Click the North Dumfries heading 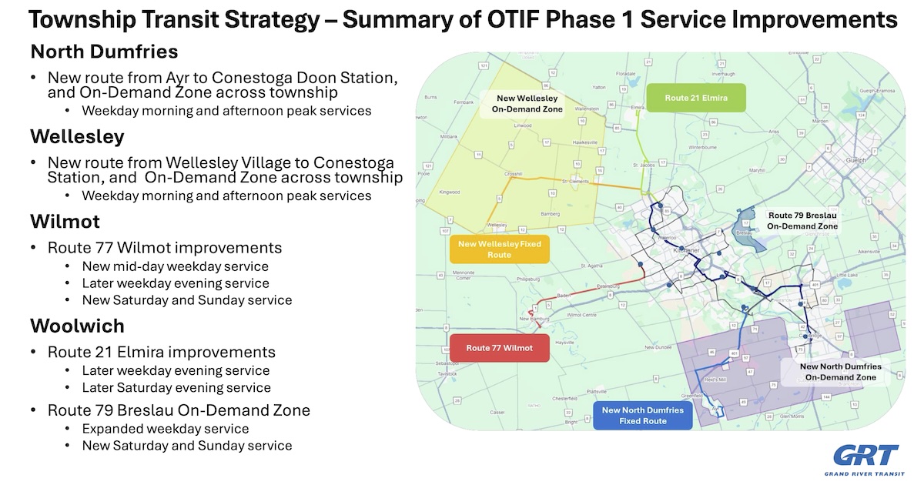point(104,52)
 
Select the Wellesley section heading point(77,136)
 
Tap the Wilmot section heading point(65,222)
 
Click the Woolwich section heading point(77,326)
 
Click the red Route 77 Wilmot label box point(499,348)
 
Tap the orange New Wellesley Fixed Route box point(499,249)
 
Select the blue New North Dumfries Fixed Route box point(642,415)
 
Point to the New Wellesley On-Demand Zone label point(529,104)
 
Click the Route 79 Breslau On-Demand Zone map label point(802,221)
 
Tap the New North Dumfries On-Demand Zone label point(840,372)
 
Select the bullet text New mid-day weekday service point(175,266)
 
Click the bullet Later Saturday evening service point(176,387)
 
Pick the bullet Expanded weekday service point(165,428)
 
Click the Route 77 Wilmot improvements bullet point(164,248)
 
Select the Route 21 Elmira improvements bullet point(161,352)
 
